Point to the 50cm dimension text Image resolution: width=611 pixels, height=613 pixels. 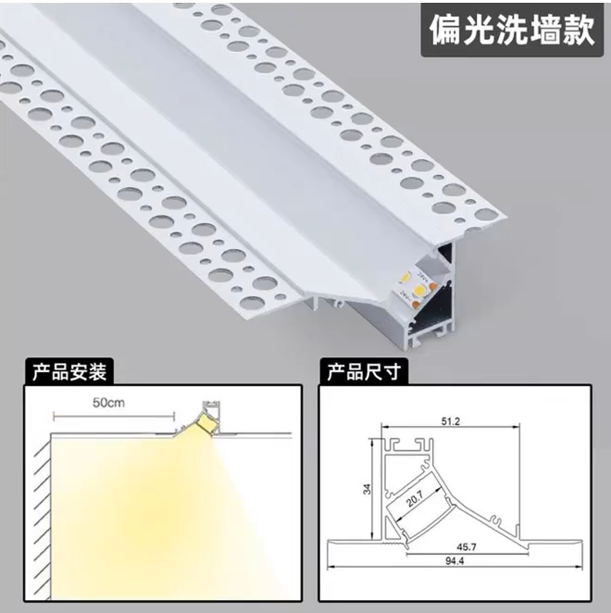pyautogui.click(x=109, y=403)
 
